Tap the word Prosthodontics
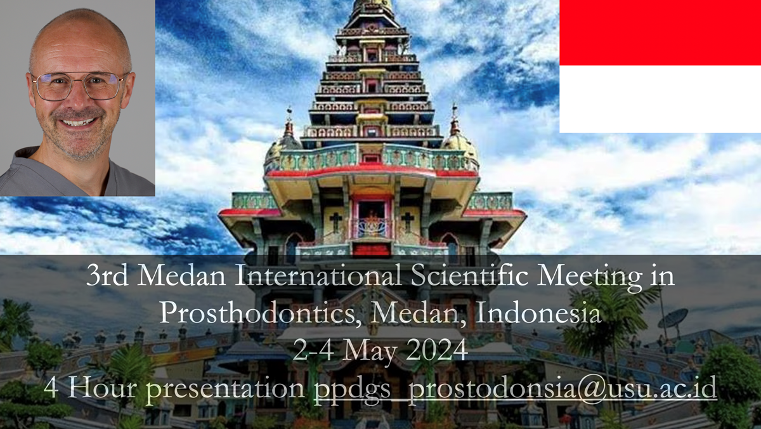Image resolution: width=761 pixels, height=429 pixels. pyautogui.click(x=261, y=313)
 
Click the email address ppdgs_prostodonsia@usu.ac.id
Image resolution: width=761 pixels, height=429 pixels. pyautogui.click(x=516, y=388)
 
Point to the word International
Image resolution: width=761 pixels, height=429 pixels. pyautogui.click(x=318, y=275)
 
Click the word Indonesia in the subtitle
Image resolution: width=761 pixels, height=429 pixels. pyautogui.click(x=538, y=313)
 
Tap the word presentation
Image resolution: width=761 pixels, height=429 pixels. pyautogui.click(x=225, y=389)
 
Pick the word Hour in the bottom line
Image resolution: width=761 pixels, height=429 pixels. pyautogui.click(x=102, y=388)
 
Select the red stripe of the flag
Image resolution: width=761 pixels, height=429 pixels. pyautogui.click(x=660, y=32)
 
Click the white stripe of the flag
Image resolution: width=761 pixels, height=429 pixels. pyautogui.click(x=660, y=99)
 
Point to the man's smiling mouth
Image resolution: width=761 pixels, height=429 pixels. pyautogui.click(x=78, y=122)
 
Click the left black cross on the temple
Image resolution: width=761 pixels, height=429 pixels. pyautogui.click(x=335, y=221)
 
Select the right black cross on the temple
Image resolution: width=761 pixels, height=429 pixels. pyautogui.click(x=407, y=221)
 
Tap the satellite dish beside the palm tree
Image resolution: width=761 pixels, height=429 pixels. pyautogui.click(x=673, y=319)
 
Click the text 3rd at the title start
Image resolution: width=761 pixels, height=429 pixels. pyautogui.click(x=107, y=275)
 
